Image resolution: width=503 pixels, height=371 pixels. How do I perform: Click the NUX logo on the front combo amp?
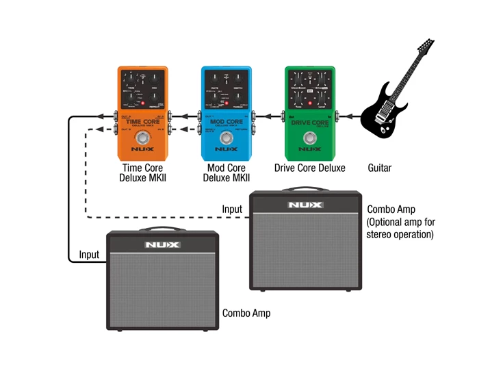[162, 244]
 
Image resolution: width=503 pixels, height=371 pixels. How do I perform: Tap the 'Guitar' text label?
[380, 168]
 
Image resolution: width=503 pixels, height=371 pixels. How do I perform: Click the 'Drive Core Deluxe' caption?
[309, 168]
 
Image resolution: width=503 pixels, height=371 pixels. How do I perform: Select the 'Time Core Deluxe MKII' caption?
[142, 173]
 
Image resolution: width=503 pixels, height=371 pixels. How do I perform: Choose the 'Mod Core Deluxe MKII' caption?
[227, 173]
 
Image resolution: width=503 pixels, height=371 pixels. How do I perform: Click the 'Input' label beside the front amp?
[89, 255]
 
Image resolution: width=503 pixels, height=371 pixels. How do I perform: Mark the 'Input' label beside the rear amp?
[232, 209]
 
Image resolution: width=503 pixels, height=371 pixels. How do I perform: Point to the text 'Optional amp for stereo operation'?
[401, 229]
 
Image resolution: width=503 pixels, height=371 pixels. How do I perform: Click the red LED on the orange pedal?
[142, 105]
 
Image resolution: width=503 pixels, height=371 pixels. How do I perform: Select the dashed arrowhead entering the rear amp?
[246, 218]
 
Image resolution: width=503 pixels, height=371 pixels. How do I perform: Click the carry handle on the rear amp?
[305, 189]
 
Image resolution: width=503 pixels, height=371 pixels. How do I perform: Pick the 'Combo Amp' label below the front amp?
[246, 313]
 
